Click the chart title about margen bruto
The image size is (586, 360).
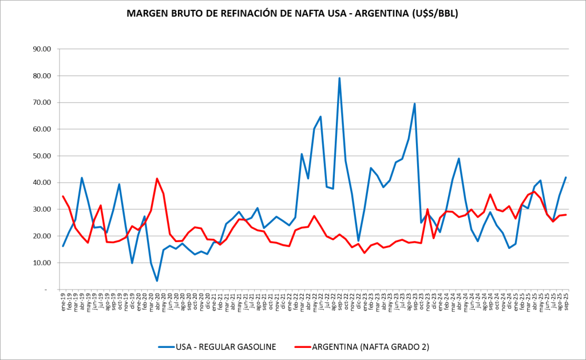[x=292, y=13]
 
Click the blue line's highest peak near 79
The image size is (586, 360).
[x=339, y=78]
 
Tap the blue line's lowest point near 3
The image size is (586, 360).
[x=157, y=281]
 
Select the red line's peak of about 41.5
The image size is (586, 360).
[x=157, y=179]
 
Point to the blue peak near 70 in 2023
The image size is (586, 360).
[x=414, y=104]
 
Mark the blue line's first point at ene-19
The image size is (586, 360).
[x=63, y=246]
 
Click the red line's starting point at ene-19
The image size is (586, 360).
[x=63, y=196]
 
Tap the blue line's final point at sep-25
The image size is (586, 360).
[x=565, y=177]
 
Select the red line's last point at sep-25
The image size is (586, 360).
[x=565, y=215]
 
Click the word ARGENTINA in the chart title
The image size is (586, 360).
[x=372, y=13]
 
